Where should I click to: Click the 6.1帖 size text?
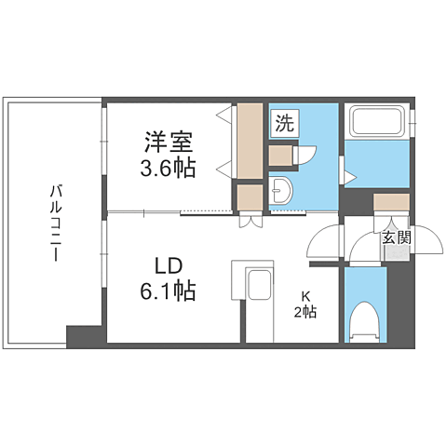pyautogui.click(x=169, y=291)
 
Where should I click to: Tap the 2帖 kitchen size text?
pyautogui.click(x=304, y=312)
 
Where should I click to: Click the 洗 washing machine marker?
pyautogui.click(x=283, y=121)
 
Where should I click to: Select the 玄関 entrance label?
pyautogui.click(x=394, y=237)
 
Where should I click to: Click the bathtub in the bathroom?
pyautogui.click(x=376, y=122)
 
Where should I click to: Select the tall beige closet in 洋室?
pyautogui.click(x=249, y=141)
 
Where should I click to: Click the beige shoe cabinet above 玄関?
pyautogui.click(x=391, y=202)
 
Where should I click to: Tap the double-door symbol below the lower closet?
pyautogui.click(x=250, y=221)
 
